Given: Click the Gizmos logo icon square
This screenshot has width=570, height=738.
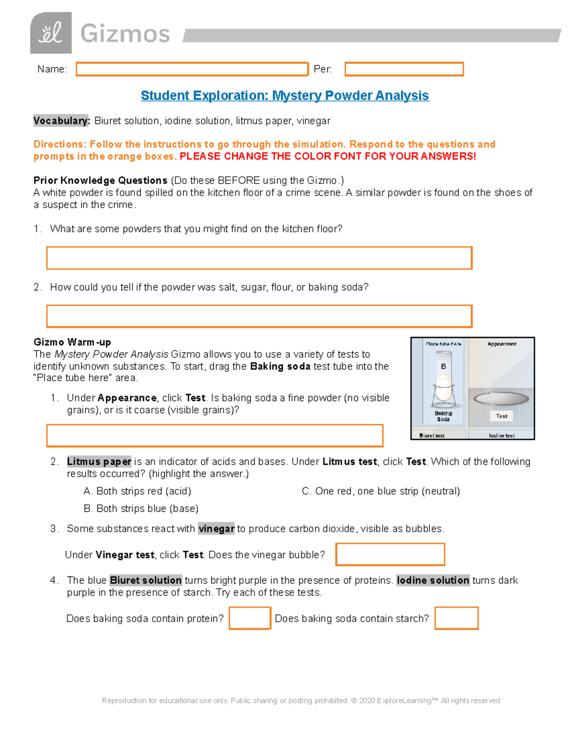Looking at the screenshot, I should (x=51, y=33).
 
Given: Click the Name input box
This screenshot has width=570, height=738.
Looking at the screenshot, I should (x=192, y=69).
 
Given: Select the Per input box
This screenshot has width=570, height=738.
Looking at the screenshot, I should (x=404, y=69).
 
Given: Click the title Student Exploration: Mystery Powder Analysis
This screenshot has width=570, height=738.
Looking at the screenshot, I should (x=285, y=96).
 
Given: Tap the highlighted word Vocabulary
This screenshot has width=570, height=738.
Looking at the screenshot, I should (x=61, y=121).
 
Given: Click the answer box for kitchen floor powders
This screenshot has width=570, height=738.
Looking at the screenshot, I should (x=259, y=258).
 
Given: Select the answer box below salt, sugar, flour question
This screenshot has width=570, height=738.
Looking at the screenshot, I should (x=259, y=316).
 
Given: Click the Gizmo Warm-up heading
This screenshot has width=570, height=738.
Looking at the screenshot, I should (x=72, y=342).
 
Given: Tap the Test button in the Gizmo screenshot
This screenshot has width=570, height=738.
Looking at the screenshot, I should (x=502, y=416).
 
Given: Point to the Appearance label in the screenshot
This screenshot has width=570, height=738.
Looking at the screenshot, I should (x=502, y=344).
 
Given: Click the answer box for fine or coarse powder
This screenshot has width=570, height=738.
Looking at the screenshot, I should (x=215, y=436).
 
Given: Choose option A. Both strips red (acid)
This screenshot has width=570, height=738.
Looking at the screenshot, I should (x=137, y=491).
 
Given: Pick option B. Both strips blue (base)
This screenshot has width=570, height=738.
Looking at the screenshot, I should (x=141, y=508).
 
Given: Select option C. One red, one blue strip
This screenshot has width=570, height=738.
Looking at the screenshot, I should (x=381, y=491).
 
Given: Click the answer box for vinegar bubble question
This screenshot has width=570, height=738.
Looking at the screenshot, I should (x=390, y=555).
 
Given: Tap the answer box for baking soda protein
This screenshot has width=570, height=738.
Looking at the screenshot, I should (x=250, y=618).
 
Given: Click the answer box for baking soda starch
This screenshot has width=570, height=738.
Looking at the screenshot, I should (x=456, y=618).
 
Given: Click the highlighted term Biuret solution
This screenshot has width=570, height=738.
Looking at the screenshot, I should (x=145, y=580).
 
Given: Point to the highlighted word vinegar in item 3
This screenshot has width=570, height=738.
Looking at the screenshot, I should (x=217, y=529).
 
